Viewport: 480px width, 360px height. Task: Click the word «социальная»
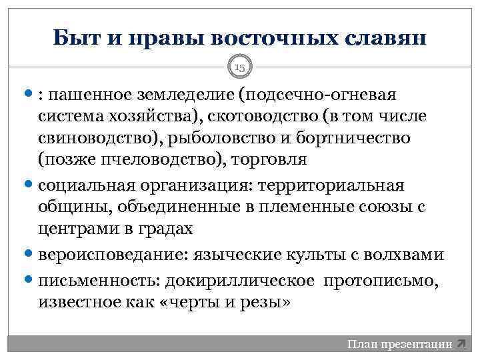[x=84, y=185]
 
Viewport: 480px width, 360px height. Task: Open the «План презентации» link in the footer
[x=399, y=345]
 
